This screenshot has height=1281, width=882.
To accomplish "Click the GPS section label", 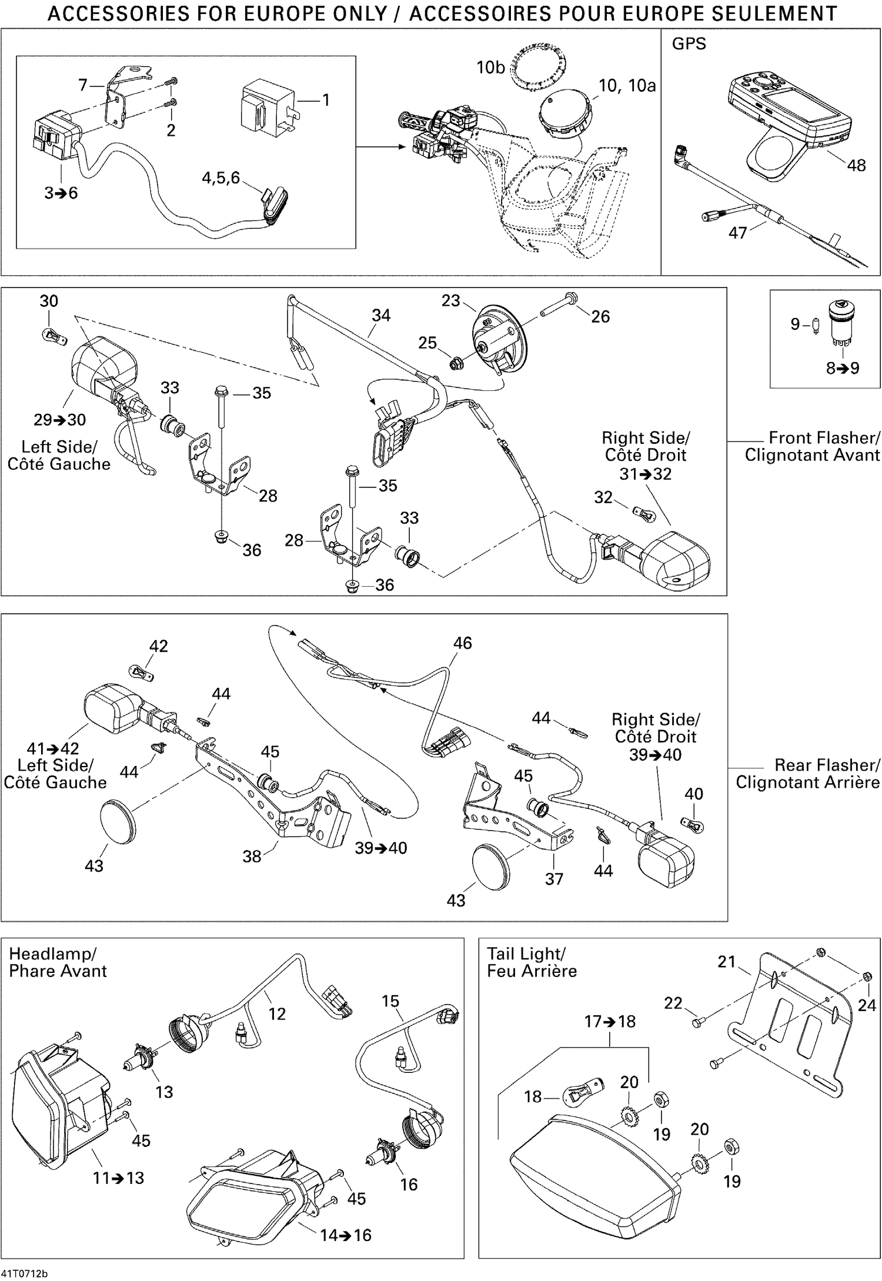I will [689, 44].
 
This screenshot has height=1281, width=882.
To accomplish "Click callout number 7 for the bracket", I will [83, 86].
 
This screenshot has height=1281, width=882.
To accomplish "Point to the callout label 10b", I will [490, 68].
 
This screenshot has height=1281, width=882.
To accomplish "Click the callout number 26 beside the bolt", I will [600, 316].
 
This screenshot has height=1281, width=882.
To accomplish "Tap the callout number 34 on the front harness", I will [380, 315].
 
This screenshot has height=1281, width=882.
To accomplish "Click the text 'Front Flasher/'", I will [824, 437].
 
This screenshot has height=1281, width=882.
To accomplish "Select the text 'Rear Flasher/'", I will [827, 765].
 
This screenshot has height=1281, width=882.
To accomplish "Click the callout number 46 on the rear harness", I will [462, 643].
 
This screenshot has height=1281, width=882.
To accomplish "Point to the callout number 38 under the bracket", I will [252, 856].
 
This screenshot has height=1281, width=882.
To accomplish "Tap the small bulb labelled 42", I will [141, 671].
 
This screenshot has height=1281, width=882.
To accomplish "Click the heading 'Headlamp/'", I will [52, 954].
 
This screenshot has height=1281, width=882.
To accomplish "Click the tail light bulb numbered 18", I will [583, 1095].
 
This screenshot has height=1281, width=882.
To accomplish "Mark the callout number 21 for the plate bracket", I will [726, 962].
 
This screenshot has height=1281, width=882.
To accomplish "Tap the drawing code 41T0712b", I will [24, 1274].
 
